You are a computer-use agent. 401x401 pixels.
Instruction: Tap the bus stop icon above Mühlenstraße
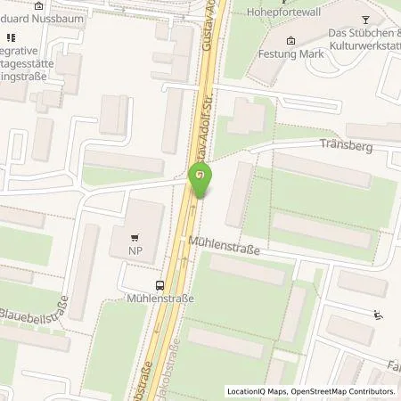[160, 285]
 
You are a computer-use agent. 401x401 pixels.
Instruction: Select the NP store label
[135, 252]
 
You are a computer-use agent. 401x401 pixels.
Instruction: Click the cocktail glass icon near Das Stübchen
[364, 20]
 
